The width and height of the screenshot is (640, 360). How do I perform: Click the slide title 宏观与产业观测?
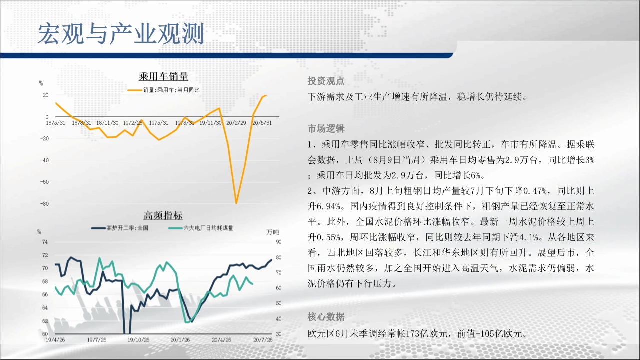tap(121, 34)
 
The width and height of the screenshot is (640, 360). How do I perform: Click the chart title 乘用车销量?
tap(163, 76)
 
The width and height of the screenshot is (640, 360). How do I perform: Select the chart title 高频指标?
tap(163, 215)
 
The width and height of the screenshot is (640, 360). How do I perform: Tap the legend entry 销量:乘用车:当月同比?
tap(163, 90)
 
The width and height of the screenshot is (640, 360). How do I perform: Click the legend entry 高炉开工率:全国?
tap(120, 228)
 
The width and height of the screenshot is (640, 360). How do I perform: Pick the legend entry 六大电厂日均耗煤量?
tap(201, 228)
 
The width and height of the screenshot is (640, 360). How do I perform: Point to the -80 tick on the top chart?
tap(44, 204)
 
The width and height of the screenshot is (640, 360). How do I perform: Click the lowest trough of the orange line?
tap(236, 203)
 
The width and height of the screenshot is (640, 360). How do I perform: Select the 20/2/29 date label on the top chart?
tap(236, 123)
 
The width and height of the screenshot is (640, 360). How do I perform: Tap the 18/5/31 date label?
tap(55, 123)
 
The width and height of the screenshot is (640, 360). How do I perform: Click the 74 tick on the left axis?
tap(45, 242)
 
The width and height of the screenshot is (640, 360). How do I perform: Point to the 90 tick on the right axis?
tap(279, 242)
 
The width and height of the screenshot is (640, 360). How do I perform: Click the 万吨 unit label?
tap(273, 232)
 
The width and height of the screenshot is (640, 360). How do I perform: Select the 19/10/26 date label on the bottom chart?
tap(138, 340)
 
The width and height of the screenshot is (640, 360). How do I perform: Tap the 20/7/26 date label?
tap(263, 340)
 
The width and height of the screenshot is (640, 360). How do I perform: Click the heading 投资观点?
tap(326, 81)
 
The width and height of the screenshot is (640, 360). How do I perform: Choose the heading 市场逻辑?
tap(326, 129)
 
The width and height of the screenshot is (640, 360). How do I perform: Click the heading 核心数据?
tap(326, 317)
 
